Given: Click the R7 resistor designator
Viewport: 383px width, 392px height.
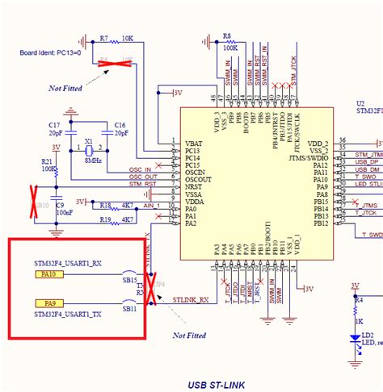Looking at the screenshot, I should tap(104, 38).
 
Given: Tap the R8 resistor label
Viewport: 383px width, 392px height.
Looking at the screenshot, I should tap(227, 37).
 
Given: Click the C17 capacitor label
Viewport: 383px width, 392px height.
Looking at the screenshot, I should tap(54, 124).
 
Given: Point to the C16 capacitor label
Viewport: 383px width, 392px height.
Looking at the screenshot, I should tap(120, 124).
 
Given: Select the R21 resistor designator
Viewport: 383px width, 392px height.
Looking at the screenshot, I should tap(47, 161).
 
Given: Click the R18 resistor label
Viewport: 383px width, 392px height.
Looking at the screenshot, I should tap(104, 206).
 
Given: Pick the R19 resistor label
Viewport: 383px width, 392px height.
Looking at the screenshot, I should tap(104, 219).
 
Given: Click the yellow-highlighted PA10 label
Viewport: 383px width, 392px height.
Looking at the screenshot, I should tap(48, 274).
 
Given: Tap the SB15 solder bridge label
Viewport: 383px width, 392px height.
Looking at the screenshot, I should tap(129, 280).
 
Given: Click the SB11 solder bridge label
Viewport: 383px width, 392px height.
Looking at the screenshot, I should tap(129, 309).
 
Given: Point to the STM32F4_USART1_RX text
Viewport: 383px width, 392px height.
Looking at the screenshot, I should tap(68, 263).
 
